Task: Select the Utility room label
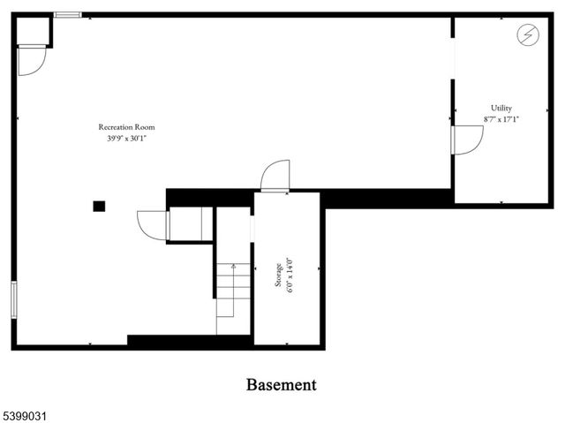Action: [x=501, y=108]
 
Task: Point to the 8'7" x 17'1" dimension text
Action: [x=501, y=118]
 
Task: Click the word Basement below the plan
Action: [x=281, y=385]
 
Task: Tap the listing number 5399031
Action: [x=26, y=412]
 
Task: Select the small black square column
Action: [x=99, y=206]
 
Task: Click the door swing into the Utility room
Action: [x=468, y=140]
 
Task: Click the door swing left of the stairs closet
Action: [x=153, y=224]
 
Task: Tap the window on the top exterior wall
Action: [x=67, y=15]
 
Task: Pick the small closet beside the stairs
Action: [x=191, y=224]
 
